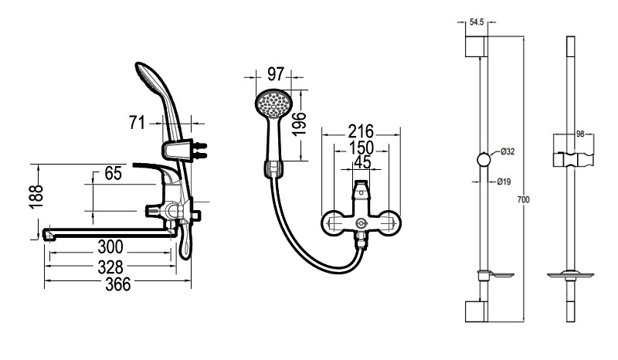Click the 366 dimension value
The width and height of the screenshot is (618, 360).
point(118,284)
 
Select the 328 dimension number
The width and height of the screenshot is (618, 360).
point(110,267)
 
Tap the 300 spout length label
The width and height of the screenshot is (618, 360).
point(110,247)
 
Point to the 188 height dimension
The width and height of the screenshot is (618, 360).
point(36,197)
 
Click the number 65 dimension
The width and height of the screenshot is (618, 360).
point(114,173)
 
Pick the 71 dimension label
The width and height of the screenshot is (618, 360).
point(137,123)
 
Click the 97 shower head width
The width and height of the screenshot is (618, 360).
point(276,73)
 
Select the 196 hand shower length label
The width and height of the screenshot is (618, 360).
point(300,124)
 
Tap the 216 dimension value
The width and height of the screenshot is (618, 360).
point(361,131)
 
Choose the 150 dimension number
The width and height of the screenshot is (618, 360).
point(361,148)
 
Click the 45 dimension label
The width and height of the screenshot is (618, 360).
point(362,162)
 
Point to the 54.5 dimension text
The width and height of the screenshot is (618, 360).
point(477,22)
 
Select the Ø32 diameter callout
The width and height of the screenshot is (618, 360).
point(508,151)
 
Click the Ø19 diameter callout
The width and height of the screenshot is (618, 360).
point(504,182)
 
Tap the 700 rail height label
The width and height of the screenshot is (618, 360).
point(523,199)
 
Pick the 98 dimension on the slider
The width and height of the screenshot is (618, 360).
point(580,134)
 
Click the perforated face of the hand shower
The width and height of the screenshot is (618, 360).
point(273,103)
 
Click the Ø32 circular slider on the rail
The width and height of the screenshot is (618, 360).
point(484,160)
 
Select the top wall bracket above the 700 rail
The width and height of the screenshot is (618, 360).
point(476,46)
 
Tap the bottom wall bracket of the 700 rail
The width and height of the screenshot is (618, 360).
point(476,311)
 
